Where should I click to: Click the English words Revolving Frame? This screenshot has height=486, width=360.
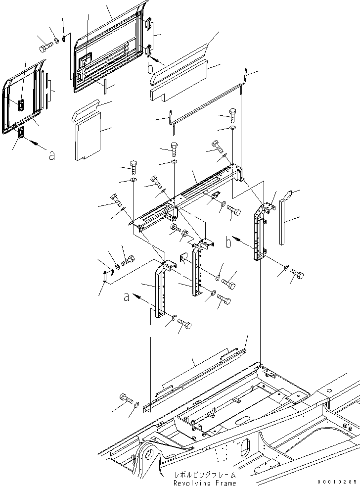pos(205,483)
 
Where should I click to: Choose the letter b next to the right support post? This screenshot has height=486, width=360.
pos(228,243)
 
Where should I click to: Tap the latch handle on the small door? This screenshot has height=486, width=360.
pos(21,105)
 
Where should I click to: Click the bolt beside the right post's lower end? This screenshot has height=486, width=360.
pos(297,273)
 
